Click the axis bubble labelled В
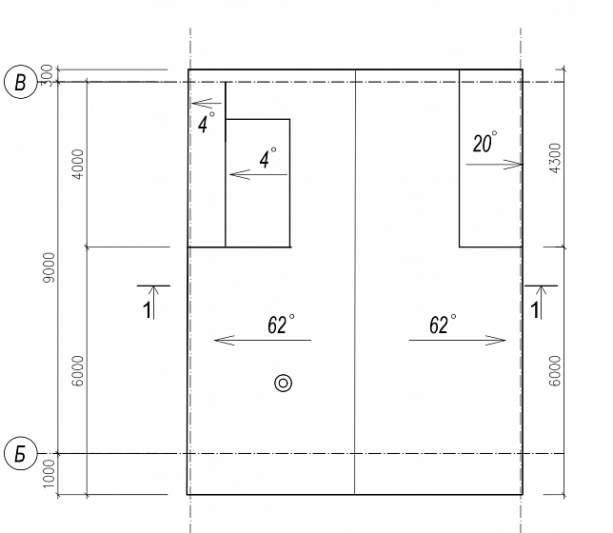(20, 83)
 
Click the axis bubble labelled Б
(20, 454)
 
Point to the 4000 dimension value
(78, 165)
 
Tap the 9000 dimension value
(50, 267)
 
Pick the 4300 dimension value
(554, 158)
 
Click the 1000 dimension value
(49, 474)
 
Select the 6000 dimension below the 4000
(78, 370)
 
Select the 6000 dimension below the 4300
(554, 370)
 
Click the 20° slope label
(484, 142)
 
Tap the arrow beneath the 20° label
(494, 165)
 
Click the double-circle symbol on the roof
(283, 384)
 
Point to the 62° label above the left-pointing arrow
(281, 325)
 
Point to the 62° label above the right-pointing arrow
(443, 325)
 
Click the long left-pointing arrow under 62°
(263, 340)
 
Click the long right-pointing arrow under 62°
(458, 340)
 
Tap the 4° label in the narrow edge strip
(207, 123)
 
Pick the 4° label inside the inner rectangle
(268, 158)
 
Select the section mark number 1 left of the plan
(147, 310)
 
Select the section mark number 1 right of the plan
(534, 310)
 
